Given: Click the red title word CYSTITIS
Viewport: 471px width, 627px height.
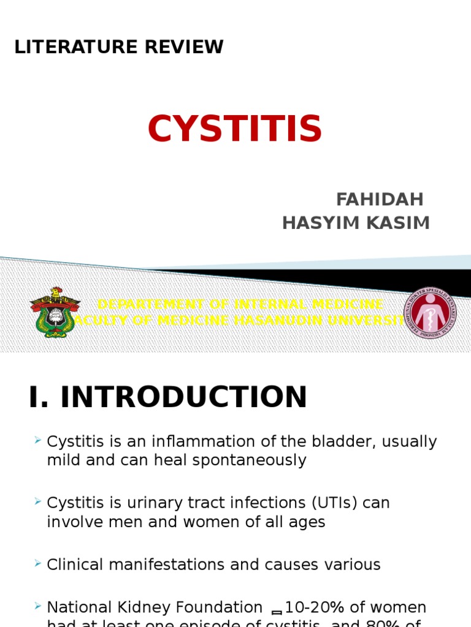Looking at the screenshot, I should click(x=235, y=129).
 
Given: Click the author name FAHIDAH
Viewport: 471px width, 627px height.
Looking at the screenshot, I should click(x=380, y=200).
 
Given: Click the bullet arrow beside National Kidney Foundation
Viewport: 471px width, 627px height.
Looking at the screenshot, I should click(x=38, y=606).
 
